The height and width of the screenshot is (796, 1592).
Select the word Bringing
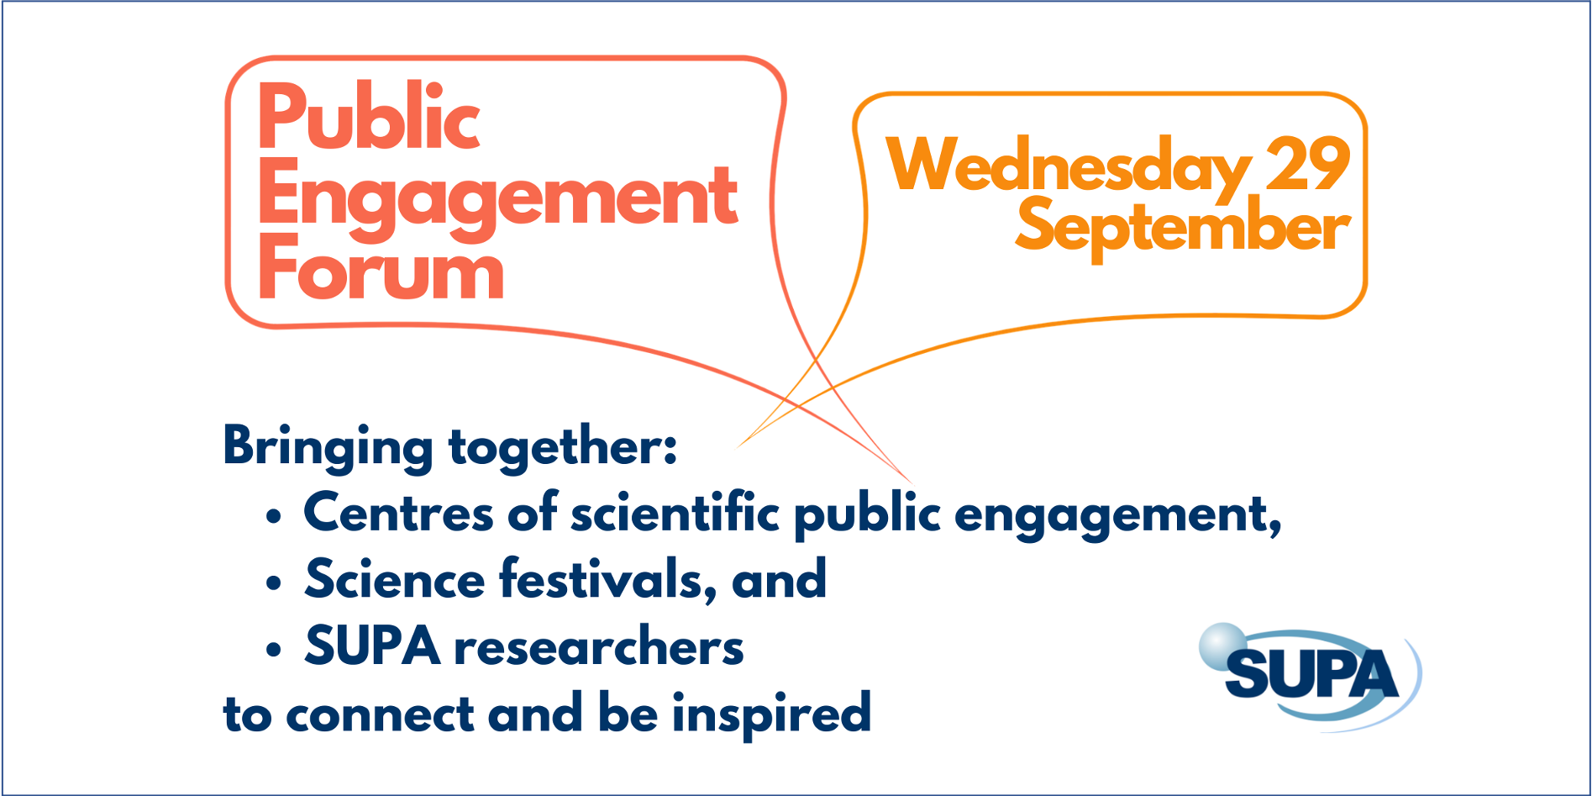coord(328,448)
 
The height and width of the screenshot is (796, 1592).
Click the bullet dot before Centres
coord(273,516)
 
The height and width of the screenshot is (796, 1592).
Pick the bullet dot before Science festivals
coord(273,583)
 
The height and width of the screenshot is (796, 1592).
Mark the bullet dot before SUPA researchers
coord(273,650)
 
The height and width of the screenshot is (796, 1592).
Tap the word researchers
coord(599,647)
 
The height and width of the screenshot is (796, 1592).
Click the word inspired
coord(771,714)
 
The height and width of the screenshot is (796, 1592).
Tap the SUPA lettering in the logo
coord(1311,674)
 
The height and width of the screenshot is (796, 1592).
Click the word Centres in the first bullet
coord(398,513)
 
